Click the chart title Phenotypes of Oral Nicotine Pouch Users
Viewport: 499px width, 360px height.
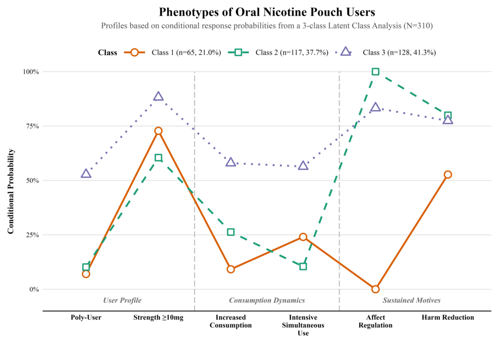coord(267,12)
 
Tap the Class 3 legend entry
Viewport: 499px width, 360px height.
coord(387,52)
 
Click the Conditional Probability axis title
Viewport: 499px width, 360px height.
coord(11,191)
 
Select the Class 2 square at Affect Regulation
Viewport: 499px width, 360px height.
coord(376,72)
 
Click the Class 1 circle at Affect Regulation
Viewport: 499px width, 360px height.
coord(376,289)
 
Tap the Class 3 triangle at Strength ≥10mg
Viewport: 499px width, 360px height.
coord(158,97)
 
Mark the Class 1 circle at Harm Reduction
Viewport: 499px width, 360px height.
coord(447,174)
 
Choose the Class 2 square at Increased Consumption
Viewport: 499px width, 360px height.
coord(231,232)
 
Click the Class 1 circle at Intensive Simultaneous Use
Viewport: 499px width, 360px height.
coord(303,237)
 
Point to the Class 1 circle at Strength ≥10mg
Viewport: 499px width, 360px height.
coord(158,131)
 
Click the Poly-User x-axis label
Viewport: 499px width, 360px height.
coord(86,318)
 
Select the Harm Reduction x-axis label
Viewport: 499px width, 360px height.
coord(447,318)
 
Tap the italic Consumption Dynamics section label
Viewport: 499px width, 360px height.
coord(267,300)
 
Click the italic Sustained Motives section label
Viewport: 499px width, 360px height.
coord(411,300)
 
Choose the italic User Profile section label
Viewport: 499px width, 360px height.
coord(122,300)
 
